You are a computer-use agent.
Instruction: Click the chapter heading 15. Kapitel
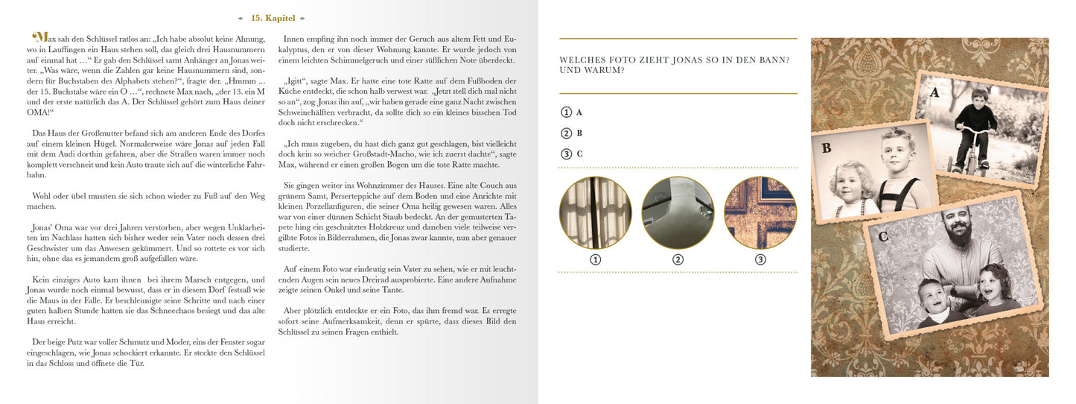(273, 18)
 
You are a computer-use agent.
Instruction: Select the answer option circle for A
(567, 112)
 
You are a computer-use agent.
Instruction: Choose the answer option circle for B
(567, 133)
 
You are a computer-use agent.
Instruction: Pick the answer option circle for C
(567, 154)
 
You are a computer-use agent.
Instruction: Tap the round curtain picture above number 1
(595, 212)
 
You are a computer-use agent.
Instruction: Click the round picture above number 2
(678, 212)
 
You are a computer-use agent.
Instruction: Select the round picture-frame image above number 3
(760, 212)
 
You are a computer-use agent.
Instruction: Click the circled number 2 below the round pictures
(678, 259)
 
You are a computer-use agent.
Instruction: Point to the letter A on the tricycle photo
(934, 92)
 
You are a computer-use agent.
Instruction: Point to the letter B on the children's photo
(826, 148)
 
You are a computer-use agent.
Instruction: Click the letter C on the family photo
(883, 237)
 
